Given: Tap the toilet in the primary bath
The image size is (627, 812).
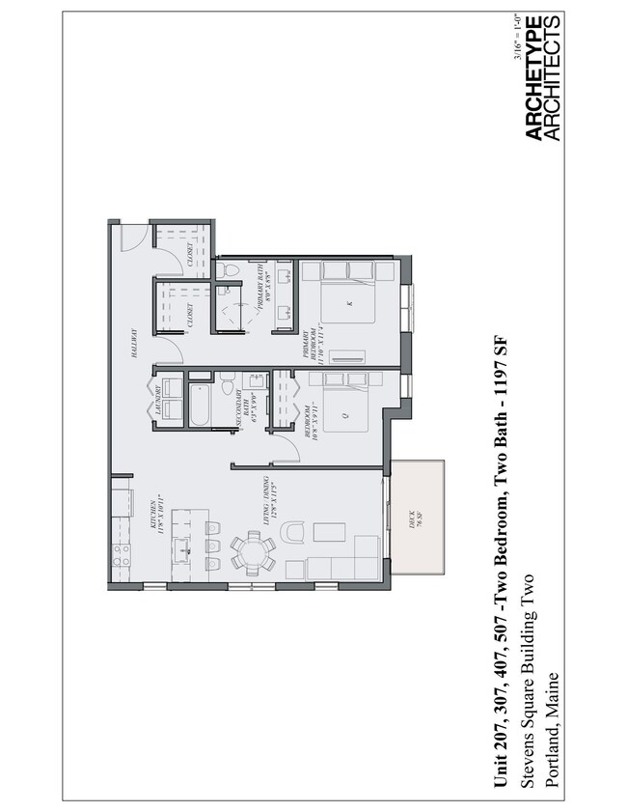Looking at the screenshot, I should (x=229, y=269).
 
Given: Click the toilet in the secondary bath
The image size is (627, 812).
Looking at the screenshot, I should (x=228, y=387).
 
